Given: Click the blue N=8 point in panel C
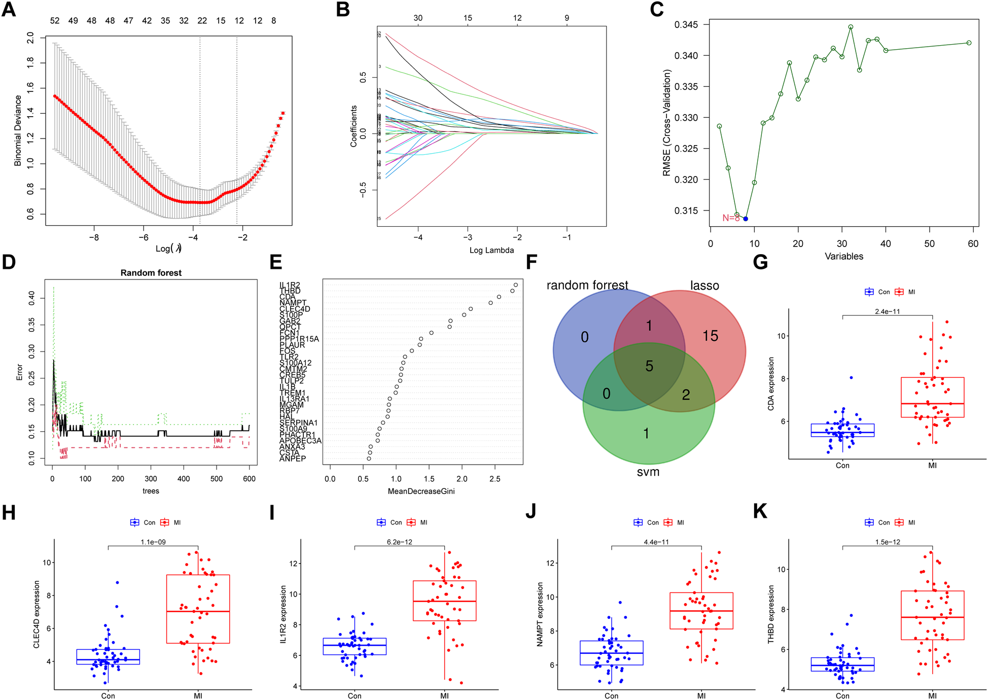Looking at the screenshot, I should coord(745,219).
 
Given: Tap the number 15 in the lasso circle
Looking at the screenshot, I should coord(710,336).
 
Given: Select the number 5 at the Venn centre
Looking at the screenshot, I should coord(649,366).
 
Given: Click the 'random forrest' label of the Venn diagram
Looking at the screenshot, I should coord(587,286).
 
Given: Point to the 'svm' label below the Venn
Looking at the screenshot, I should coord(648,472).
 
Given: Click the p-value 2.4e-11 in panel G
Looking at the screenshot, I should coord(887,311).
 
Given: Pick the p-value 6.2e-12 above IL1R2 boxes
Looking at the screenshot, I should coord(399,542).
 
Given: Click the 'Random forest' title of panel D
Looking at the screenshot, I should coord(151,273).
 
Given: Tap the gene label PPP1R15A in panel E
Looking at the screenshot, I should coord(299,339).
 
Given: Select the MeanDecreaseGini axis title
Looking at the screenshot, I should coord(421,491).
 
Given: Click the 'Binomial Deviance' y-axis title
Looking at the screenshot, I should coord(18,130).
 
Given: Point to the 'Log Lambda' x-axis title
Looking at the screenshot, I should coord(491,250).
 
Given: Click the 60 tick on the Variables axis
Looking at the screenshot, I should coord(973,244).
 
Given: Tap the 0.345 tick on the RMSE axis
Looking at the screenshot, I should coord(686,25).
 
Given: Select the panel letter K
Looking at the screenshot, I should coord(760,511).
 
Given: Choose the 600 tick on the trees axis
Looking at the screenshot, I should coord(249,478).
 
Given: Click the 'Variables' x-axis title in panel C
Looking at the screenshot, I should coord(843,257).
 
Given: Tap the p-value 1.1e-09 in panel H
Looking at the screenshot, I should coord(153,542).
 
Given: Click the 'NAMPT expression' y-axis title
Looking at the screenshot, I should coord(540,614).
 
